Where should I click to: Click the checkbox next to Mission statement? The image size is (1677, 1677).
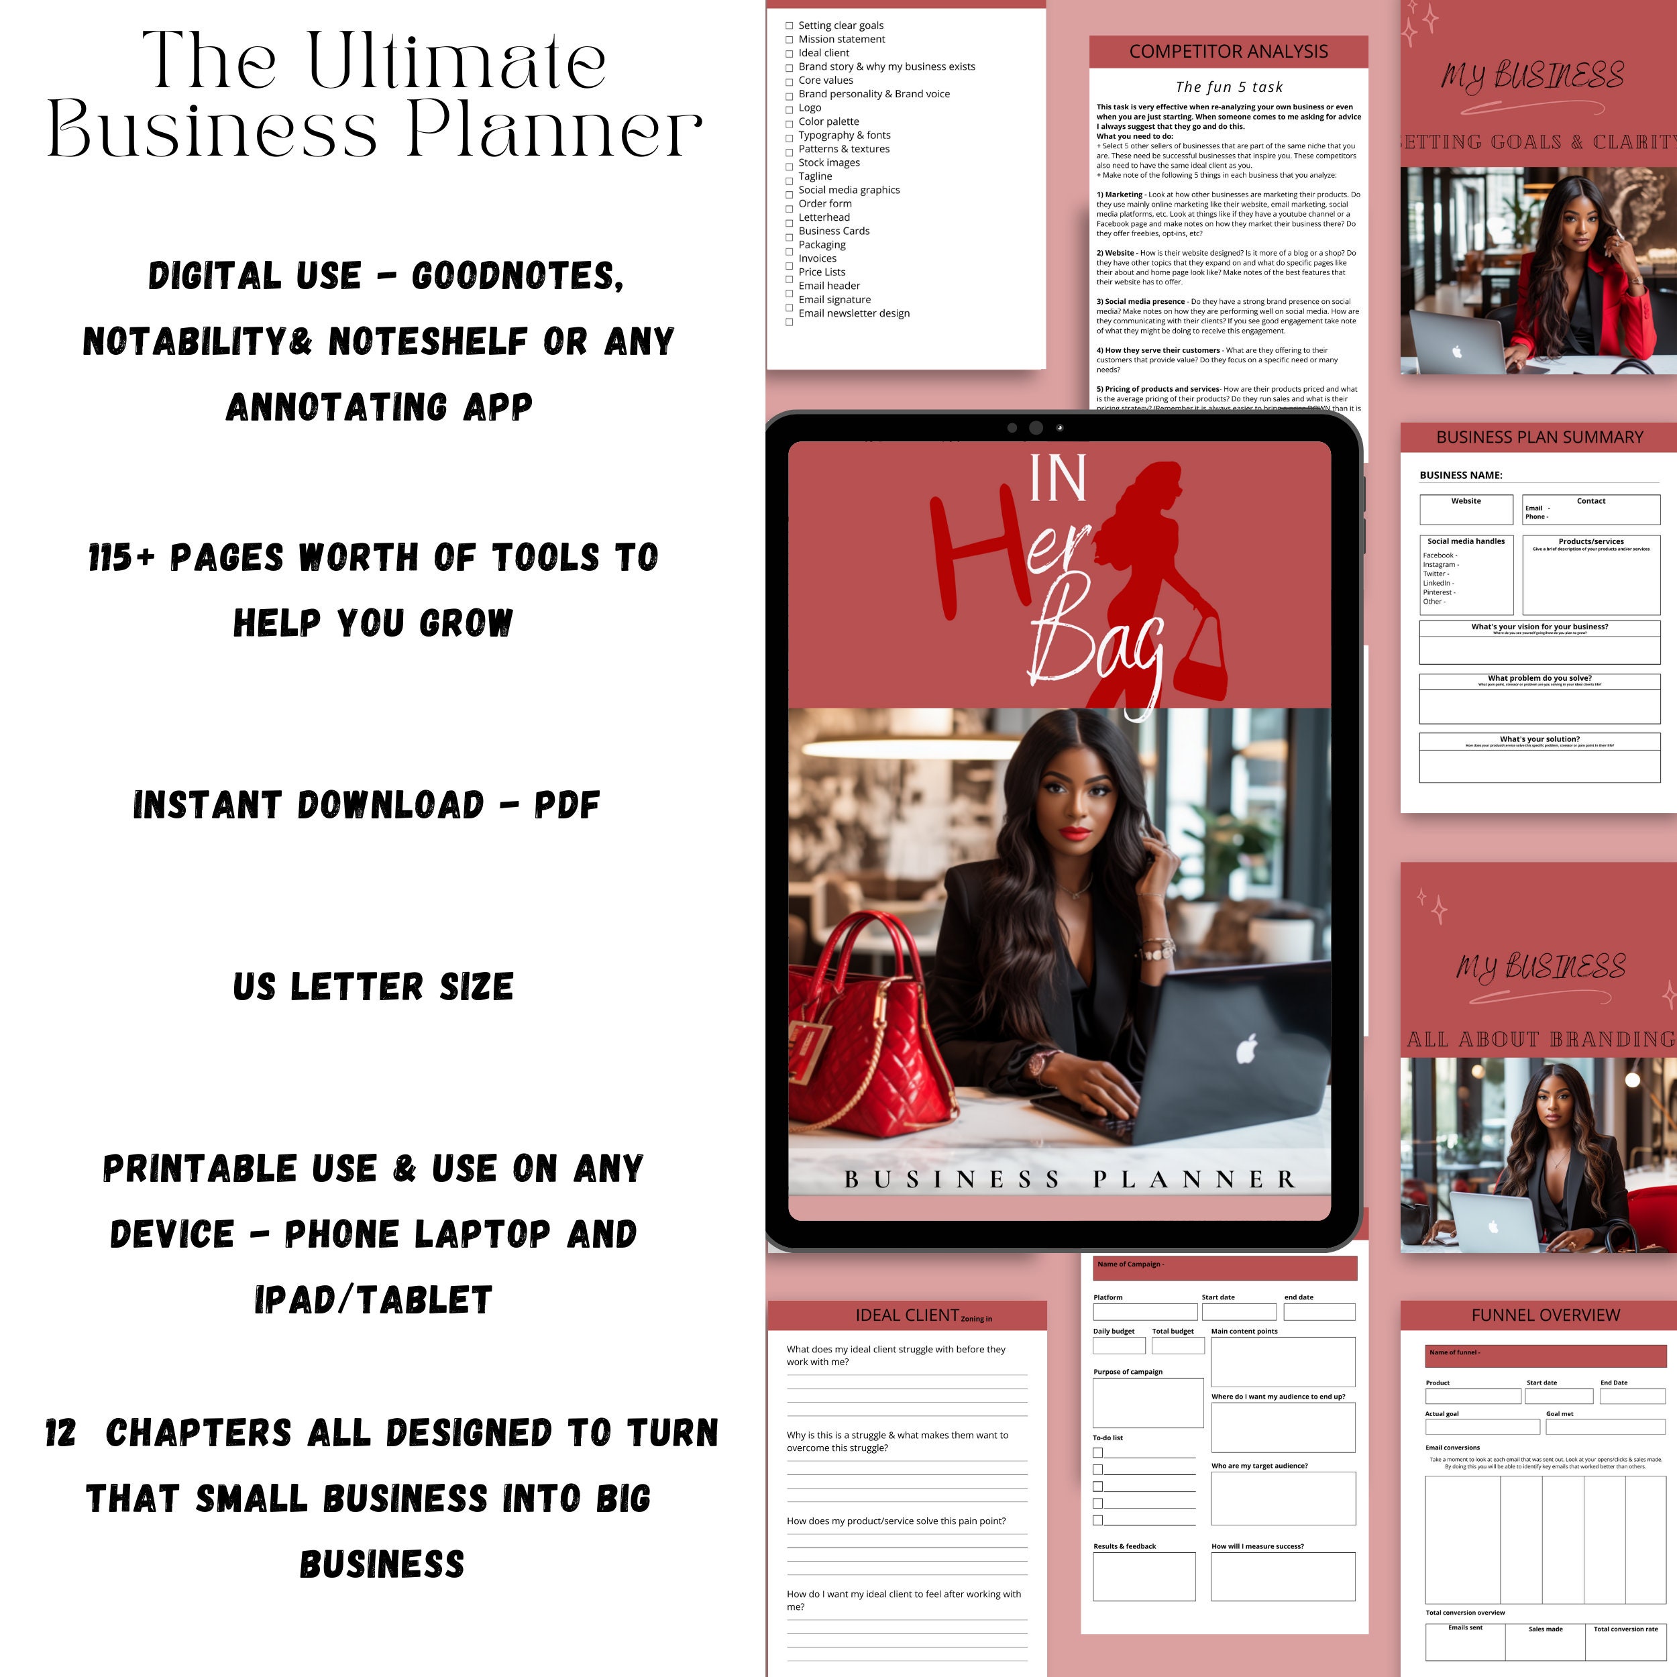tap(789, 40)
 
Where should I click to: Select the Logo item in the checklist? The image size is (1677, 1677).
tap(809, 107)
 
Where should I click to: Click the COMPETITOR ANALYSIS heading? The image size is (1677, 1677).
tap(1228, 51)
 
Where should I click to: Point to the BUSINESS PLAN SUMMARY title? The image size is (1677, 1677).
tap(1539, 437)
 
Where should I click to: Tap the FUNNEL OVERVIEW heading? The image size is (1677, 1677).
tap(1545, 1315)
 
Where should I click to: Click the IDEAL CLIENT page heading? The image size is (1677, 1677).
tap(907, 1315)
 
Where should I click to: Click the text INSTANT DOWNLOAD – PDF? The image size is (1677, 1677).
tap(366, 805)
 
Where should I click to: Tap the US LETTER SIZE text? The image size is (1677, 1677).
tap(373, 987)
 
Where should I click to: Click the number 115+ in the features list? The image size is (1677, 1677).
tap(121, 557)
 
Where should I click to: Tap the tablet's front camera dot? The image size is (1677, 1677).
tap(1036, 427)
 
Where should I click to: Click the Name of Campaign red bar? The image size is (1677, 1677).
tap(1224, 1266)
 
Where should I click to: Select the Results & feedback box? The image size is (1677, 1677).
tap(1143, 1576)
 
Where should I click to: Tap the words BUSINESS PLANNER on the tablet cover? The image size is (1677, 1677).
tap(1069, 1179)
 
